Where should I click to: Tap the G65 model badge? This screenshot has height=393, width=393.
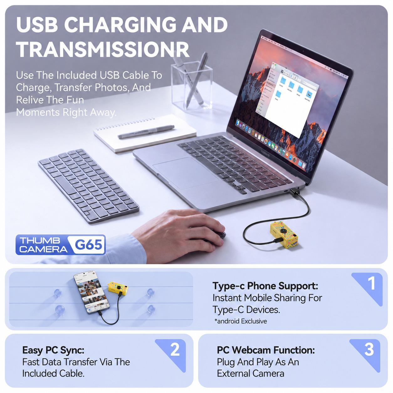[x=88, y=244]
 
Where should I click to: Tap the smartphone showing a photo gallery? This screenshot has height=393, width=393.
[x=92, y=293]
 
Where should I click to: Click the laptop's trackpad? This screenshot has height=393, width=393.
[x=186, y=173]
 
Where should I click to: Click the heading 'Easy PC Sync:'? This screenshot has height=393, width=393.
[x=53, y=350]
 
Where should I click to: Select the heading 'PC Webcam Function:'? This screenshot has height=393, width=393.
[x=266, y=350]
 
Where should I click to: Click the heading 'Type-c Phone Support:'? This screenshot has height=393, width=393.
[x=265, y=286]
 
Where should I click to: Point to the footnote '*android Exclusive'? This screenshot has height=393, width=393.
[x=240, y=321]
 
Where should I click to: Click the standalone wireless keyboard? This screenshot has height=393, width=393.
[x=88, y=186]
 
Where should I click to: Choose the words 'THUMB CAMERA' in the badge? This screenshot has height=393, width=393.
[x=43, y=245]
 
